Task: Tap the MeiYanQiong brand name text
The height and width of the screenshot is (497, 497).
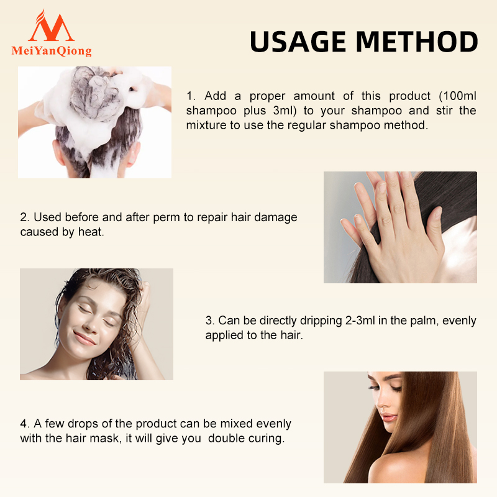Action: pos(52,51)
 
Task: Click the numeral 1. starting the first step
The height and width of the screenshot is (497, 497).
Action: pos(191,96)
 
